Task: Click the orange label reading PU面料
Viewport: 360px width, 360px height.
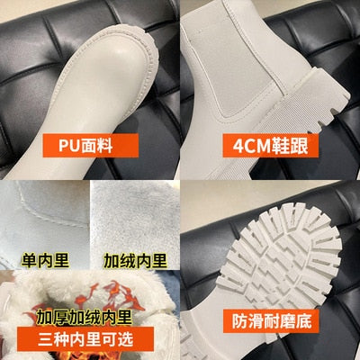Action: (x=91, y=146)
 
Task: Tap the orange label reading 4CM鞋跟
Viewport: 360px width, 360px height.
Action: (x=270, y=146)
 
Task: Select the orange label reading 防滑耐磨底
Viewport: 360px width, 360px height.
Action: (x=271, y=320)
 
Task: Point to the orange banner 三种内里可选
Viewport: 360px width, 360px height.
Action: (x=85, y=339)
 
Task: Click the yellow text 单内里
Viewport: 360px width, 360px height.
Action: (x=45, y=260)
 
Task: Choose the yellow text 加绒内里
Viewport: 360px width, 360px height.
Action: (x=135, y=260)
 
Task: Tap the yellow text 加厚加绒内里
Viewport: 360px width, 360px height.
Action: (x=85, y=317)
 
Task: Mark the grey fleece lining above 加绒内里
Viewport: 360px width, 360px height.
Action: (x=135, y=216)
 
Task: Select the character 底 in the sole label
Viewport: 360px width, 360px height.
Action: (x=303, y=320)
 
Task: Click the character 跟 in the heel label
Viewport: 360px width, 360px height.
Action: (x=300, y=146)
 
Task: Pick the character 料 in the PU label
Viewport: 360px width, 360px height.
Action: (x=104, y=146)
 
